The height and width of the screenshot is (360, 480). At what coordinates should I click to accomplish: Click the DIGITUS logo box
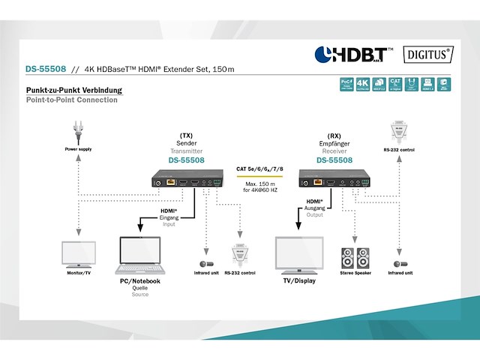point(428,54)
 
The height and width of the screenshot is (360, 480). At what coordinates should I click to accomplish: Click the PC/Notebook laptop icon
point(141,256)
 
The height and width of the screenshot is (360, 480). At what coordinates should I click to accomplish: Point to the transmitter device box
point(186,178)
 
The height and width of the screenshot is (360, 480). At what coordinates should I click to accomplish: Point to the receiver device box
point(334,178)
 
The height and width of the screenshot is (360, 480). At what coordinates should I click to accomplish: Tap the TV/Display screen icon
point(300,256)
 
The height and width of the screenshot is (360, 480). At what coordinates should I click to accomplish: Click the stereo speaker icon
point(355,258)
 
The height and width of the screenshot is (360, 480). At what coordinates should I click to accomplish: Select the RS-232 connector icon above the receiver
point(398,133)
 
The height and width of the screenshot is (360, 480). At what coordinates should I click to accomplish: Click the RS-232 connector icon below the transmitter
point(241,255)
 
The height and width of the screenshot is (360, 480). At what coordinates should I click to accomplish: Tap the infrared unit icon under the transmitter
point(203,263)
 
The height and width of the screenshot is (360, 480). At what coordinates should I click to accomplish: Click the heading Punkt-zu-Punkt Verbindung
point(73,90)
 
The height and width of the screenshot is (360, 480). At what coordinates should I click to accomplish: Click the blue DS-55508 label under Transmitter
point(186,160)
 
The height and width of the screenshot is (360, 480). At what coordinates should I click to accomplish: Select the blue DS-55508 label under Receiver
point(334,160)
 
